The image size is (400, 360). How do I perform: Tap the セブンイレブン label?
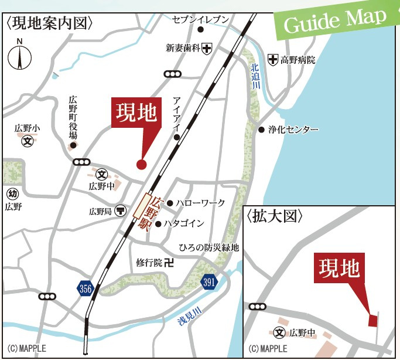(x=200, y=19)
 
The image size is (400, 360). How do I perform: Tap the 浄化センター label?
(x=293, y=129)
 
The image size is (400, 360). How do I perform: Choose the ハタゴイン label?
(x=184, y=223)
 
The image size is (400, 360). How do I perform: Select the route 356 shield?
(x=86, y=287)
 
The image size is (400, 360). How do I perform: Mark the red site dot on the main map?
(x=141, y=164)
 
